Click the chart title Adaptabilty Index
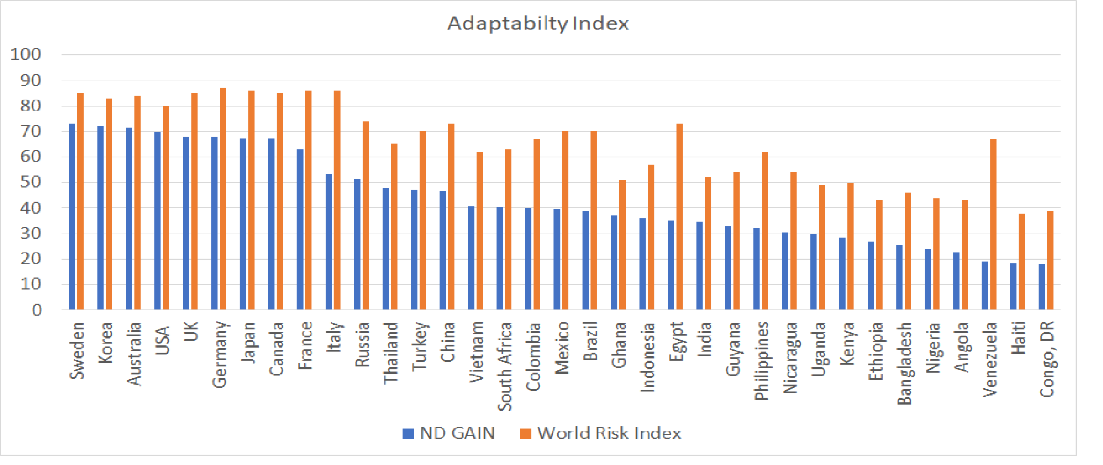tap(538, 23)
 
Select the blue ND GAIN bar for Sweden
tap(72, 217)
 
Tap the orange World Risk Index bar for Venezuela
tap(993, 225)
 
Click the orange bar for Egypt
tap(679, 217)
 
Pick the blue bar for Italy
tap(329, 242)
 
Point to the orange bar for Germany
tap(223, 199)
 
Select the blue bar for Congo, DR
tap(1042, 287)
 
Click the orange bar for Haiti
tap(1022, 262)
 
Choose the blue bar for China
tap(442, 250)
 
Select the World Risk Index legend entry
tap(601, 433)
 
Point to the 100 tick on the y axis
tap(26, 55)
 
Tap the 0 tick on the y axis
tap(37, 310)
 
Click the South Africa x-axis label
tap(505, 366)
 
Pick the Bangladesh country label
tap(904, 364)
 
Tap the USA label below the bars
tap(162, 340)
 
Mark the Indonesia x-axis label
tap(647, 357)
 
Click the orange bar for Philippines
tap(765, 231)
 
